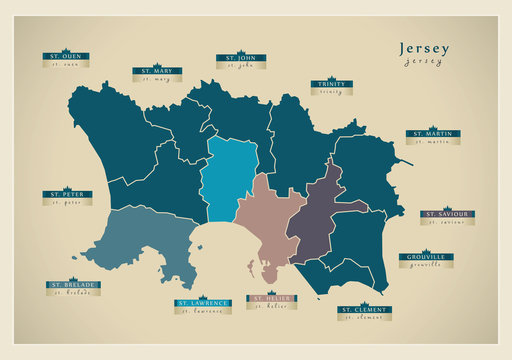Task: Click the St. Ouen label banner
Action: click(x=66, y=57)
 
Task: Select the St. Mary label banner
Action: click(x=157, y=72)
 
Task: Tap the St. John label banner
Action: click(x=240, y=59)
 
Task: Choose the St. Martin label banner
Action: click(x=432, y=133)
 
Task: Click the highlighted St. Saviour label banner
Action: click(x=447, y=214)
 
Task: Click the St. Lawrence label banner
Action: click(x=203, y=302)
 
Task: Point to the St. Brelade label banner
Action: click(x=73, y=285)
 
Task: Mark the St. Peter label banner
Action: click(x=66, y=194)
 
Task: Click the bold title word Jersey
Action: click(x=424, y=48)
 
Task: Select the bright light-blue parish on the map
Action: click(x=230, y=180)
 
